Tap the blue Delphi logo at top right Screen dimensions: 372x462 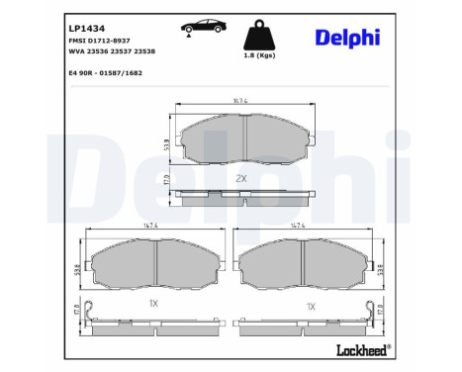[360, 38]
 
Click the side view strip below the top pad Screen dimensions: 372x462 [239, 200]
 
